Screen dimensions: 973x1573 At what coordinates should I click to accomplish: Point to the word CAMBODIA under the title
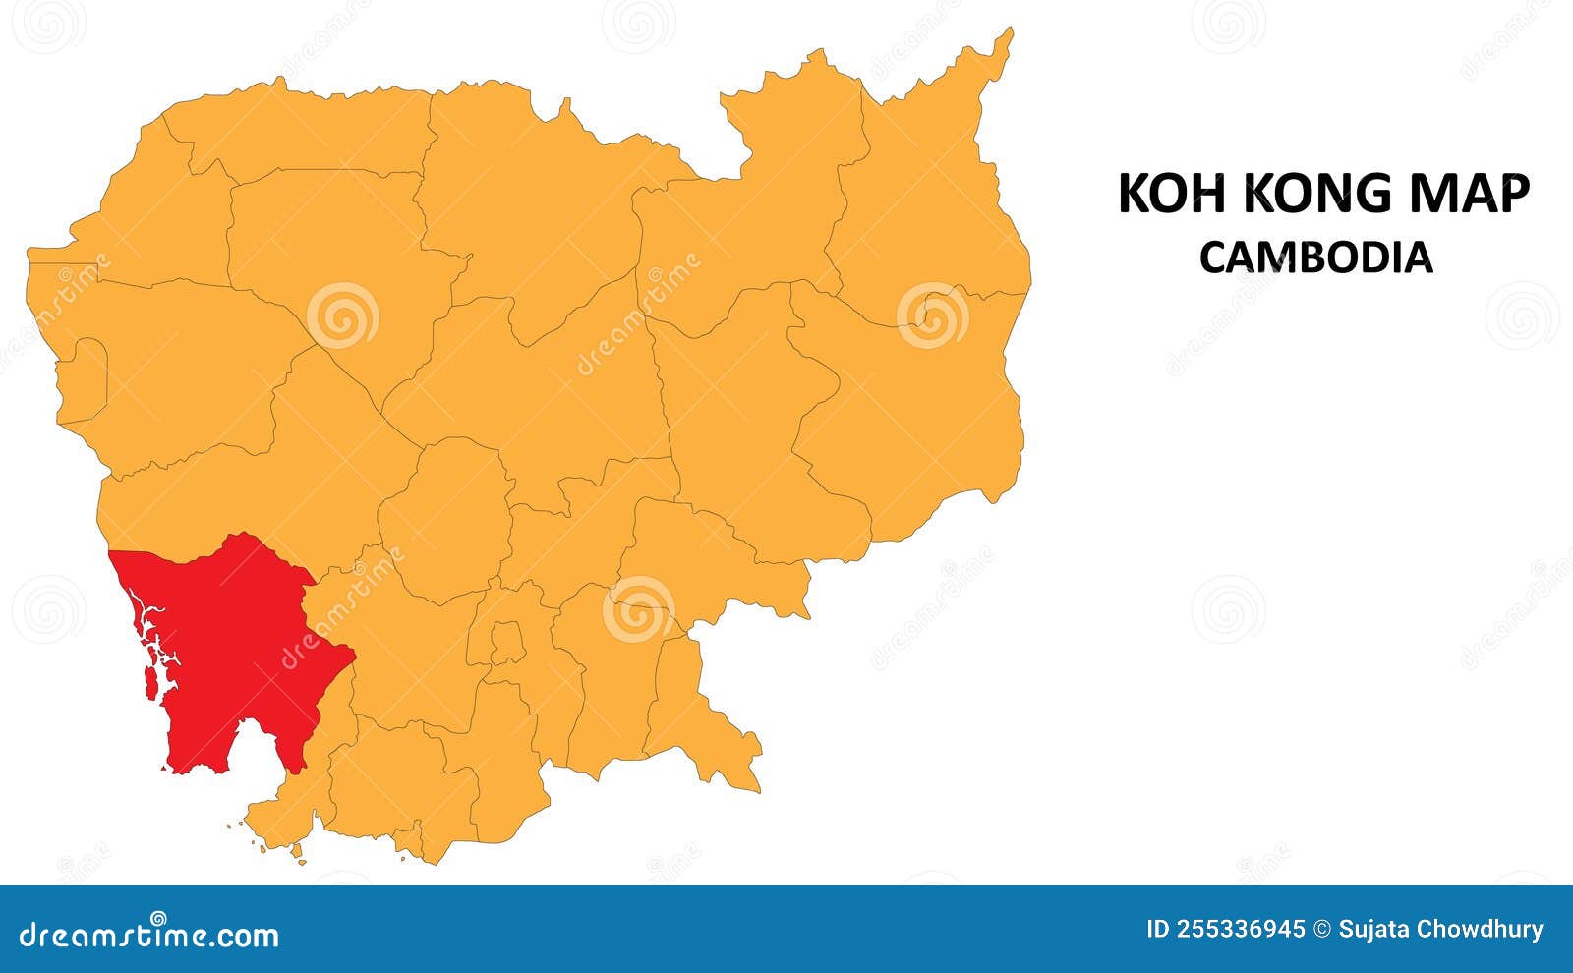coord(1315,258)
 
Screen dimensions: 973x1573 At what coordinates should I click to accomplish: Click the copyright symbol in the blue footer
coord(1322,930)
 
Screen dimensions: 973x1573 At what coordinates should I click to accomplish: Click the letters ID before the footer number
coord(1157,930)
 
